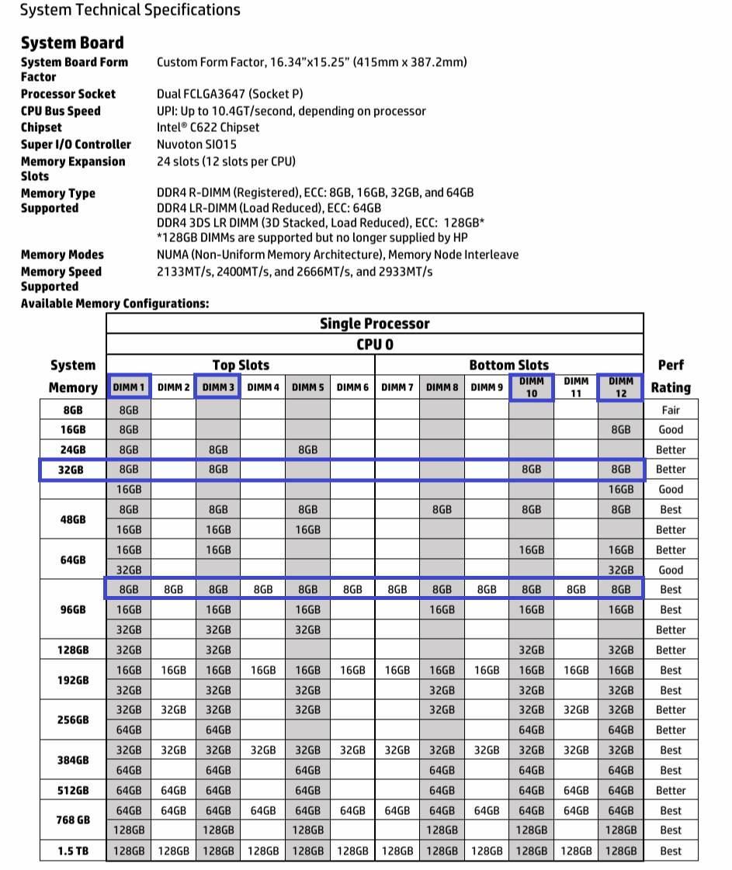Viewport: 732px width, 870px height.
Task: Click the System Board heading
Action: click(72, 43)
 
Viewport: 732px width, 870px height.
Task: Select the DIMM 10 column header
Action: click(531, 387)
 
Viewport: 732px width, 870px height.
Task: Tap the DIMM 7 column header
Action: click(397, 387)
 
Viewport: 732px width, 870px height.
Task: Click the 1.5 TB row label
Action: click(72, 851)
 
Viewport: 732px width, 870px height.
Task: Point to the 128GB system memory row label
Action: click(72, 650)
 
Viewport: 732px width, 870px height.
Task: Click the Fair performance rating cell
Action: click(671, 410)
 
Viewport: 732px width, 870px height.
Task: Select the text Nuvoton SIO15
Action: click(197, 144)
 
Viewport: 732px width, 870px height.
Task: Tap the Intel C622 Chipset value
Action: click(208, 127)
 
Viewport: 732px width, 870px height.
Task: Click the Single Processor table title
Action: click(374, 324)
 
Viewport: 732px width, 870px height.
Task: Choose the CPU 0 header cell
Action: click(374, 345)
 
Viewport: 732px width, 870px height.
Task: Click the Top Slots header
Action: click(240, 365)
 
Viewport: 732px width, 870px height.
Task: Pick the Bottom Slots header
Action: click(508, 365)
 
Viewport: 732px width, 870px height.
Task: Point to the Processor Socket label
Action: click(68, 94)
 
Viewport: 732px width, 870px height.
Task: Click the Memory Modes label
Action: click(62, 255)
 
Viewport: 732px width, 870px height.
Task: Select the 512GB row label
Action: click(72, 790)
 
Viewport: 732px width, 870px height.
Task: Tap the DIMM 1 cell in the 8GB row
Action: click(129, 410)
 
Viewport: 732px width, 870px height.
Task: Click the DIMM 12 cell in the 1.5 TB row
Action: click(620, 851)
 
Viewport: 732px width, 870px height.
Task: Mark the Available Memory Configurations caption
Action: click(115, 303)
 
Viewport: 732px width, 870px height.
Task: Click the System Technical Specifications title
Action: click(130, 11)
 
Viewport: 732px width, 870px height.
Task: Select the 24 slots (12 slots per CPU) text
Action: click(226, 161)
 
